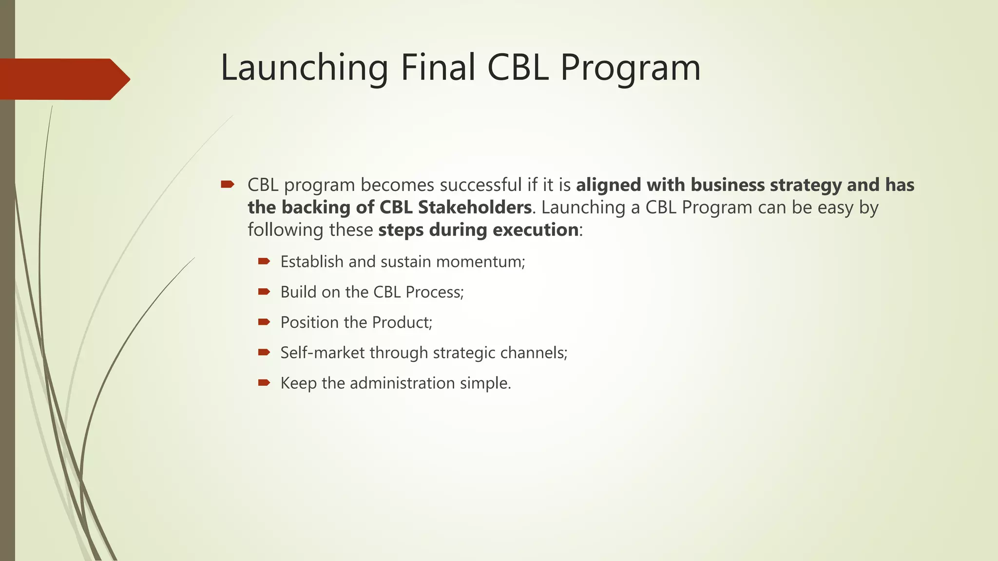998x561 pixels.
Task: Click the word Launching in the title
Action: [x=304, y=68]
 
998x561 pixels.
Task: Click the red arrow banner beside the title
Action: [x=63, y=79]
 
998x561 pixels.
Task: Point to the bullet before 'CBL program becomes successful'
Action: [x=227, y=185]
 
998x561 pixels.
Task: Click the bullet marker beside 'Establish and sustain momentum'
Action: [x=264, y=262]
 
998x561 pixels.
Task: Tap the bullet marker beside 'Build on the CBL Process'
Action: [x=264, y=292]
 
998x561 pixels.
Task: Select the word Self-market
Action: [x=322, y=353]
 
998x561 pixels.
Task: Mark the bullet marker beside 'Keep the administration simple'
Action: [x=264, y=383]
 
